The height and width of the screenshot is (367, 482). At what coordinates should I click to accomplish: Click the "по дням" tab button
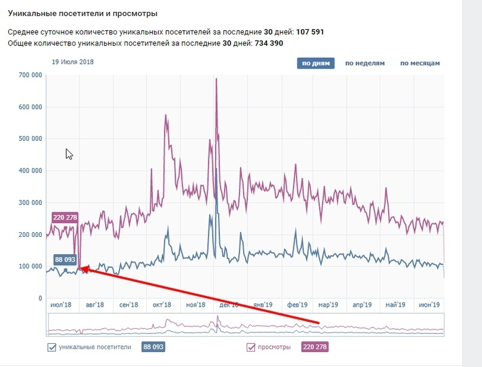315,63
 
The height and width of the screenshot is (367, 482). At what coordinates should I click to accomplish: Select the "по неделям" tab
364,63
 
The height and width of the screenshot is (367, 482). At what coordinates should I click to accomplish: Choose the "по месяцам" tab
420,63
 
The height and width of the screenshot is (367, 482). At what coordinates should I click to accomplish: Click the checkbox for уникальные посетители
51,347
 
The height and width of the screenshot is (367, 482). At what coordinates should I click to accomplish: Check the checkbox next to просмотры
251,347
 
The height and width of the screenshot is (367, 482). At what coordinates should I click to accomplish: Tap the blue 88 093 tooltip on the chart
66,260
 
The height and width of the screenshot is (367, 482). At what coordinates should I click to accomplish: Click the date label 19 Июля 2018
73,61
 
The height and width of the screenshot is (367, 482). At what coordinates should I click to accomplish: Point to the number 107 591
311,32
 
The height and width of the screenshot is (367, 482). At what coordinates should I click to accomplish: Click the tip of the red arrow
82,269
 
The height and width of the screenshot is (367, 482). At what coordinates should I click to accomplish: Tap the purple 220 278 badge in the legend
315,347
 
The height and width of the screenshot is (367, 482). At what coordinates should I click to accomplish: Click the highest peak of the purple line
216,79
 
